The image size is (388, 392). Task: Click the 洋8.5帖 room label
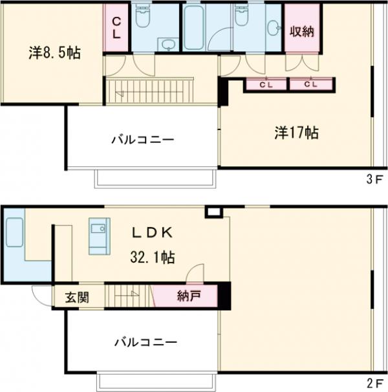pyautogui.click(x=54, y=54)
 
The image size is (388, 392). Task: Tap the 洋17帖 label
pyautogui.click(x=296, y=133)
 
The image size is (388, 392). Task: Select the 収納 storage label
pyautogui.click(x=302, y=31)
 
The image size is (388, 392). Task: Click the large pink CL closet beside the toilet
pyautogui.click(x=116, y=28)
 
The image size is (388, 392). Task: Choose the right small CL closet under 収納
pyautogui.click(x=310, y=84)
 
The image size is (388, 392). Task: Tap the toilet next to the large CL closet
pyautogui.click(x=142, y=19)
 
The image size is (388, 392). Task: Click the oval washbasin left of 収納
pyautogui.click(x=274, y=27)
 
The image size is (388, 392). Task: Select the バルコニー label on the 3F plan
pyautogui.click(x=142, y=139)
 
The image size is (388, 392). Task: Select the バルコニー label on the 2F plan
pyautogui.click(x=146, y=342)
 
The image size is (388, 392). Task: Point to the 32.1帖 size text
pyautogui.click(x=153, y=257)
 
